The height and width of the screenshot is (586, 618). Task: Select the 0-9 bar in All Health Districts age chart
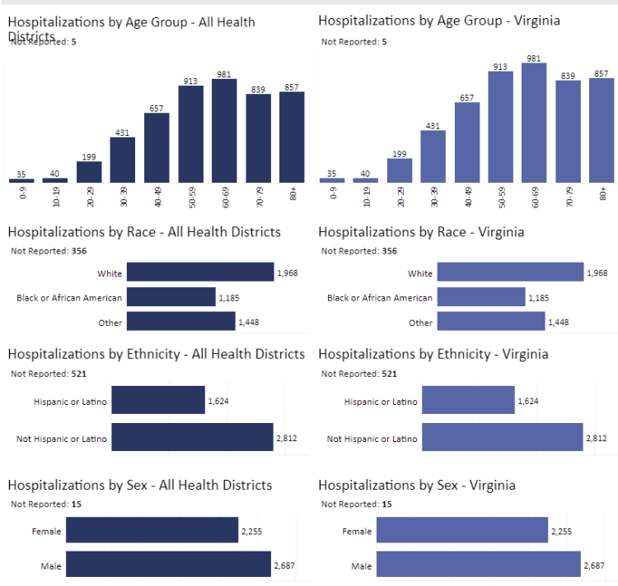[x=21, y=180]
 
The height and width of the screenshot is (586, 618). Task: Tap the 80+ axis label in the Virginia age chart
[x=603, y=194]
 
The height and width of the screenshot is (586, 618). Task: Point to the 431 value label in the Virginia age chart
[x=433, y=125]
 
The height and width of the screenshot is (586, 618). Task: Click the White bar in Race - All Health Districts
[x=200, y=272]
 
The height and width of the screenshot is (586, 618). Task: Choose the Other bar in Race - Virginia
[x=491, y=322]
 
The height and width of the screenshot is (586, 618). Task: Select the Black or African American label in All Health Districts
[x=69, y=297]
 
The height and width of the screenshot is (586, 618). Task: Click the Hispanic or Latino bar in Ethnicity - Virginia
[x=468, y=401]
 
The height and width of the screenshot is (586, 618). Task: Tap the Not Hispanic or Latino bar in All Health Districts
[x=192, y=438]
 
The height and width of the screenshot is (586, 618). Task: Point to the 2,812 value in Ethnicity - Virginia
[x=597, y=439]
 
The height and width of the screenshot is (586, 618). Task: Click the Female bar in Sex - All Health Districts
[x=152, y=531]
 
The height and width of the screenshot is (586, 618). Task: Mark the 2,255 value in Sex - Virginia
[x=561, y=532]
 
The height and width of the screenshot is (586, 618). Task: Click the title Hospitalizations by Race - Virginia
[x=421, y=233]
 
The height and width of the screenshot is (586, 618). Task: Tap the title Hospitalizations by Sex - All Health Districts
[x=140, y=486]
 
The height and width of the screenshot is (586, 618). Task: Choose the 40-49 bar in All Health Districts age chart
[x=157, y=147]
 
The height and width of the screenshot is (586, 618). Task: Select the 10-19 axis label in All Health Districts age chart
[x=55, y=195]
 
